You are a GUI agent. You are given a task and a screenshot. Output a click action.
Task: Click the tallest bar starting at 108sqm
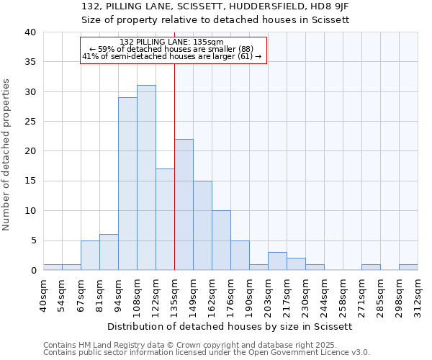pyautogui.click(x=146, y=178)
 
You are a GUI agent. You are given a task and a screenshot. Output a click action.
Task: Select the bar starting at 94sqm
pyautogui.click(x=127, y=184)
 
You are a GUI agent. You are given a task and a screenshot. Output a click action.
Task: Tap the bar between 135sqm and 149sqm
pyautogui.click(x=184, y=204)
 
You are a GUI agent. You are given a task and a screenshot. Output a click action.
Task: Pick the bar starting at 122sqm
pyautogui.click(x=165, y=220)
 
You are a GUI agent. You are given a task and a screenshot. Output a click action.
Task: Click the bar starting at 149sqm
pyautogui.click(x=202, y=225)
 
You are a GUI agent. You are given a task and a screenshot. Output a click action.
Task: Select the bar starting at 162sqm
pyautogui.click(x=221, y=240)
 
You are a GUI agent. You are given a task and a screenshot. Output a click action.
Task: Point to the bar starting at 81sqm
pyautogui.click(x=109, y=252)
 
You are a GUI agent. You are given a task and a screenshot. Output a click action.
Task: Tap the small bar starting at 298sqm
pyautogui.click(x=408, y=267)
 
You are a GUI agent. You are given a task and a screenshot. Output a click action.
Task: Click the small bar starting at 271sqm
pyautogui.click(x=371, y=267)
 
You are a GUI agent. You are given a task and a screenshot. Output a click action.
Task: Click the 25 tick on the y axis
pyautogui.click(x=31, y=122)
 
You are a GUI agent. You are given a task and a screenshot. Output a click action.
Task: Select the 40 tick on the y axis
pyautogui.click(x=31, y=32)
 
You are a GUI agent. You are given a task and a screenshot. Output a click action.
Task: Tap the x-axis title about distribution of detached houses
pyautogui.click(x=230, y=326)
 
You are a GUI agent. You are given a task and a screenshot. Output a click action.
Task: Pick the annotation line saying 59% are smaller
pyautogui.click(x=173, y=49)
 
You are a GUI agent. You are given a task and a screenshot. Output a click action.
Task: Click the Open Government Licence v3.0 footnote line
pyautogui.click(x=207, y=353)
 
